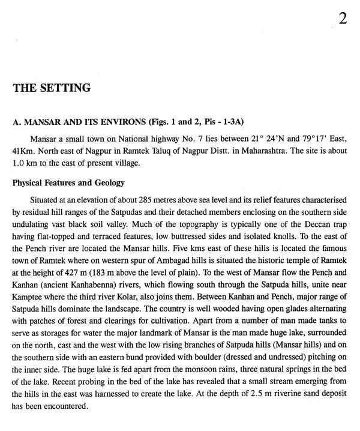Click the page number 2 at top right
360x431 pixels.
pos(343,19)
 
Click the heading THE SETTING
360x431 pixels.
pos(52,88)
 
